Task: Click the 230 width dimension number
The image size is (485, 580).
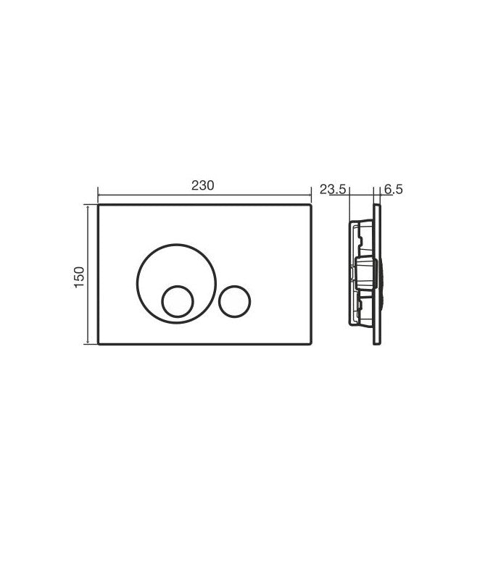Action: (x=202, y=185)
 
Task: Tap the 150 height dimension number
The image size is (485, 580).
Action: (x=80, y=277)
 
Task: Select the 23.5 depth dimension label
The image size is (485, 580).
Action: (x=333, y=190)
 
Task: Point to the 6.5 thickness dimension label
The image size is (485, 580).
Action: (x=393, y=190)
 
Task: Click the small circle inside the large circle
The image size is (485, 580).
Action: (x=178, y=301)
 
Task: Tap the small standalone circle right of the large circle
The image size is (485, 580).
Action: (x=235, y=301)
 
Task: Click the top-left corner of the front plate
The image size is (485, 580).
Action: (x=99, y=204)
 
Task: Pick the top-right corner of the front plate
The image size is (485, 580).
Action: (x=311, y=204)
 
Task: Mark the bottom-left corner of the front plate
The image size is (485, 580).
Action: (x=99, y=345)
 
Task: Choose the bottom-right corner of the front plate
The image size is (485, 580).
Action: (x=311, y=345)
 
